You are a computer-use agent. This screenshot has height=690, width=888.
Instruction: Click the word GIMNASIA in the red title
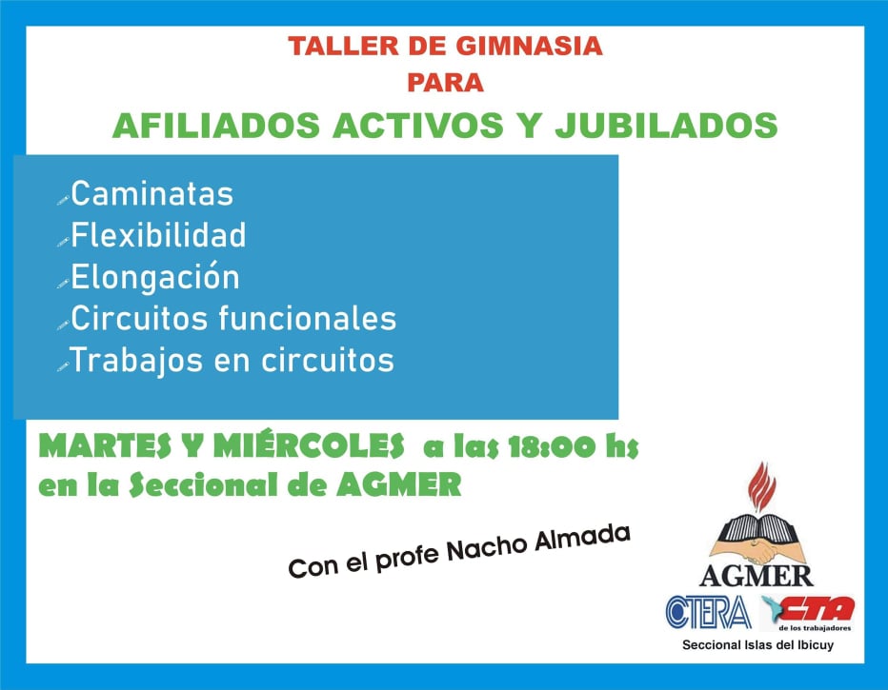[x=529, y=46]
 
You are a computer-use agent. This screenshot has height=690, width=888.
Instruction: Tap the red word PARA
[x=445, y=83]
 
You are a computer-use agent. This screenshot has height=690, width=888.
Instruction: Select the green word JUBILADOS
[x=666, y=125]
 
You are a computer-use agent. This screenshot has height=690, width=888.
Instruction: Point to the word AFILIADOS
[x=216, y=125]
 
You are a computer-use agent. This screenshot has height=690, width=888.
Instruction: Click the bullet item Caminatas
[x=151, y=193]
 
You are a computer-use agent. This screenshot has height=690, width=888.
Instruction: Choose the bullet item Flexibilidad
[x=158, y=235]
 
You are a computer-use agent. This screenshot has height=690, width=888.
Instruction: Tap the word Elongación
[x=155, y=277]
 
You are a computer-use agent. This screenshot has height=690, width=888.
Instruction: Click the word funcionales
[x=308, y=318]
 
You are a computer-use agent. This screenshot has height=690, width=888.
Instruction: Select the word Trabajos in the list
[x=136, y=361]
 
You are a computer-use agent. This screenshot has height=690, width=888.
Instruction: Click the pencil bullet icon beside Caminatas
[x=63, y=200]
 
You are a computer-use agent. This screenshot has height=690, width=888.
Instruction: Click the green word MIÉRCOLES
[x=309, y=445]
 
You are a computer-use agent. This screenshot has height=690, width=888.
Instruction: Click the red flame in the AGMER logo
[x=761, y=486]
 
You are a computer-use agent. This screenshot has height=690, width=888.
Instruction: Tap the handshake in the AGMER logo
[x=757, y=548]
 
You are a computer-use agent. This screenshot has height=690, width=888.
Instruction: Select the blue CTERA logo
[x=709, y=612]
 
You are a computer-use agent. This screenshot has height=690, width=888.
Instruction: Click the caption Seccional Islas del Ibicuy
[x=757, y=644]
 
